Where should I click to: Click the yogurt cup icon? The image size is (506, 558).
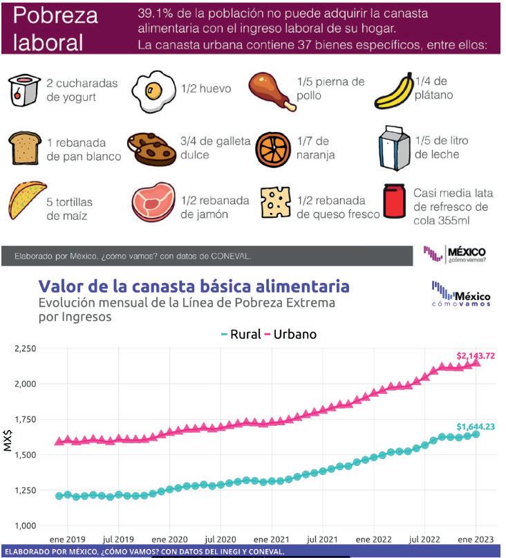click(23, 89)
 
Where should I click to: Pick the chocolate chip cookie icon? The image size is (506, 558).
click(153, 147)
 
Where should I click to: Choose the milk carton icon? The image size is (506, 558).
click(394, 147)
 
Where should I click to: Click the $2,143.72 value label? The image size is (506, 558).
click(476, 355)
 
